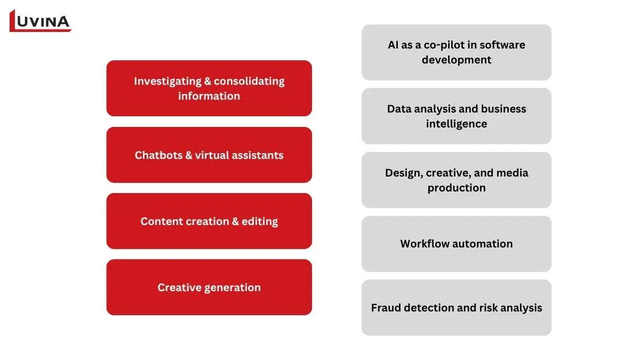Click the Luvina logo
pyautogui.click(x=41, y=21)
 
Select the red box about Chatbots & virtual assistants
pyautogui.click(x=209, y=155)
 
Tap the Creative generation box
pyautogui.click(x=209, y=287)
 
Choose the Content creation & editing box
pyautogui.click(x=209, y=221)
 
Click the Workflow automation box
pyautogui.click(x=457, y=244)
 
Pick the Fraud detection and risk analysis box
pyautogui.click(x=457, y=308)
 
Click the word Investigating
pyautogui.click(x=167, y=82)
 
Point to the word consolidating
pyautogui.click(x=249, y=82)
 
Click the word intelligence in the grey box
pyautogui.click(x=457, y=124)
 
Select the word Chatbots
pyautogui.click(x=158, y=155)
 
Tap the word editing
pyautogui.click(x=260, y=222)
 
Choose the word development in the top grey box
pyautogui.click(x=457, y=60)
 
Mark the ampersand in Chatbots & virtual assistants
pyautogui.click(x=189, y=155)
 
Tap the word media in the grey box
pyautogui.click(x=513, y=173)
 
